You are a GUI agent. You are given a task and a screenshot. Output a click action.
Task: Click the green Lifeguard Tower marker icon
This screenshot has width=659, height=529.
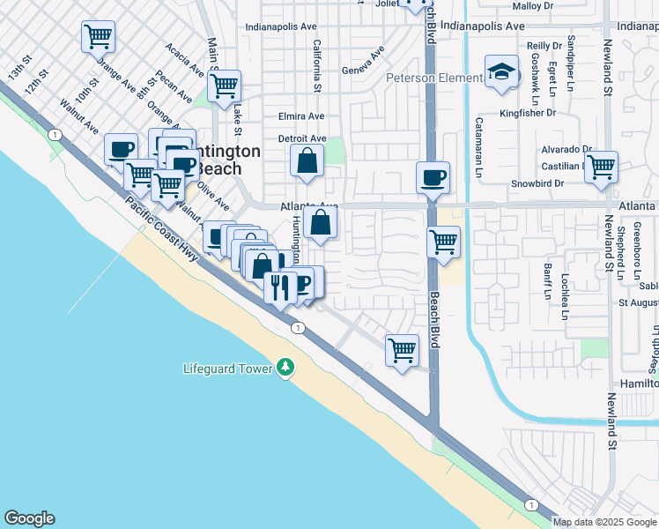tap(285, 367)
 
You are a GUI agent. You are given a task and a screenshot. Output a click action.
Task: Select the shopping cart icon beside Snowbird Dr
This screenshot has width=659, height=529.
tap(601, 167)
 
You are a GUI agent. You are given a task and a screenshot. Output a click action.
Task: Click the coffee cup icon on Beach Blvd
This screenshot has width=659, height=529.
tap(433, 177)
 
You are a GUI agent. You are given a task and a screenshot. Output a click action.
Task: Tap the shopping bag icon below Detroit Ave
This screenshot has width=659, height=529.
tap(307, 161)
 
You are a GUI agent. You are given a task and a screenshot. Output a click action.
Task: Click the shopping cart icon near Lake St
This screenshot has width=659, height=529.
tap(225, 86)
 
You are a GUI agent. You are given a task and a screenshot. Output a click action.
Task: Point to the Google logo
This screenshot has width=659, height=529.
tap(29, 518)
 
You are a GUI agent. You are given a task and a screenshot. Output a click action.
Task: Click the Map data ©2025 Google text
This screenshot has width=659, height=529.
tap(603, 522)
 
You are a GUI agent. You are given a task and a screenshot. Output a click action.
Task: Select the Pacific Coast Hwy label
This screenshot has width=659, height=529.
tap(163, 226)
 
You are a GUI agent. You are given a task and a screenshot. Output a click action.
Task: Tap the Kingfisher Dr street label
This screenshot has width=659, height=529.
tap(527, 113)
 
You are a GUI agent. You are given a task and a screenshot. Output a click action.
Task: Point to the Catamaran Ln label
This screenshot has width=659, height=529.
tap(479, 148)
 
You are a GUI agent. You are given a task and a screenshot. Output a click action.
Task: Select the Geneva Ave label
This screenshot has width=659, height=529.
tap(363, 66)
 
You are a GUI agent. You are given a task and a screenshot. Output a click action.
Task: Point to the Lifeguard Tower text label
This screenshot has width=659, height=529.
tap(228, 369)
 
